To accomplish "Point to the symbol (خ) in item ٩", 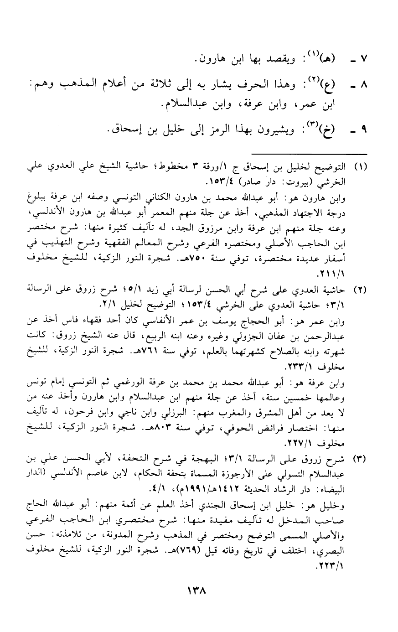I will click(327, 132).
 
